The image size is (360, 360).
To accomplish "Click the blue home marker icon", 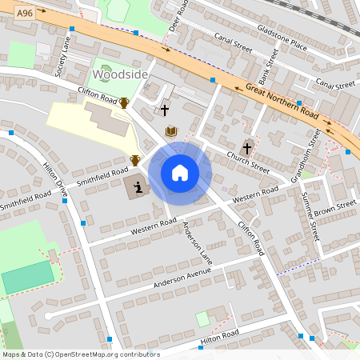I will (180, 173).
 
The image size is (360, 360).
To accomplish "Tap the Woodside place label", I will (121, 74).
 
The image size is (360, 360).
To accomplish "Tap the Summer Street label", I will (314, 219).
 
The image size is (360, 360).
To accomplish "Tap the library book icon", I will (170, 131).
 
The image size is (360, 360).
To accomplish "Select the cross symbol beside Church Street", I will (247, 148).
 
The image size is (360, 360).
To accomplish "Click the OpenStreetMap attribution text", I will (80, 354).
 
